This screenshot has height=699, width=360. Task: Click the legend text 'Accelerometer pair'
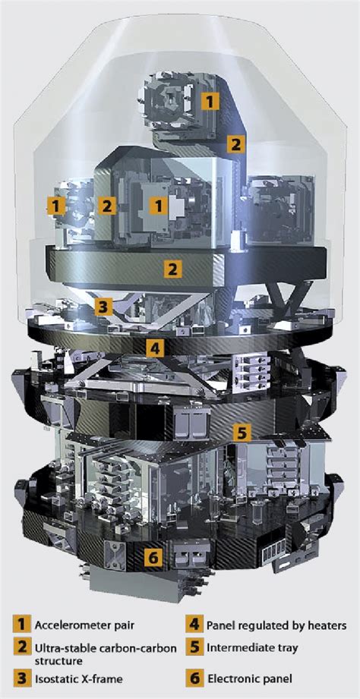pos(84,625)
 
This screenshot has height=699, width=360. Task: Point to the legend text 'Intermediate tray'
pos(251,647)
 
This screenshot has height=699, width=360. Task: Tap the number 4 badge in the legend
pos(194,625)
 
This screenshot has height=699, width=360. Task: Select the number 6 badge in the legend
pos(194,679)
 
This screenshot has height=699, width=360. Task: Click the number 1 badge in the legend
pos(21,625)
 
